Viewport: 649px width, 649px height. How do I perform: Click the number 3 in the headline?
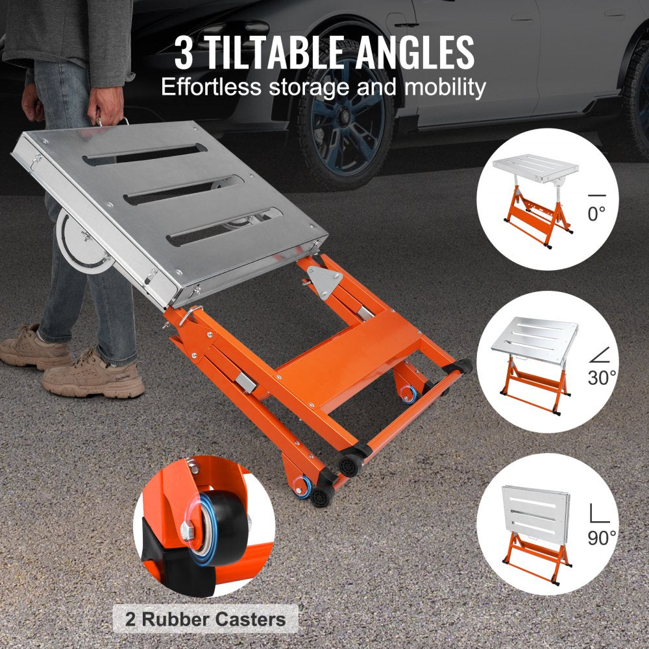[184, 53]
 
